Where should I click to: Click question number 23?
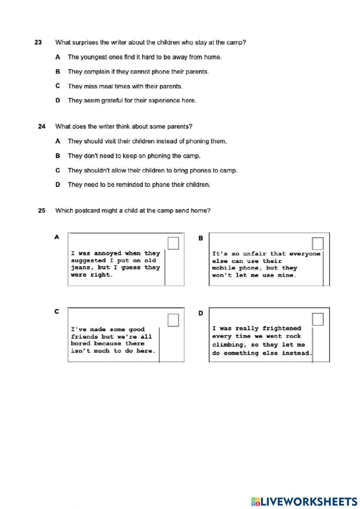coord(38,43)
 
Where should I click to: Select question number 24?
coord(42,126)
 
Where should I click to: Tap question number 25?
coord(42,211)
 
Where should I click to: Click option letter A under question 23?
coord(58,57)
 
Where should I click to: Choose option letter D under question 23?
coord(58,101)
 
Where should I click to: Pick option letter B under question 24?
coord(58,156)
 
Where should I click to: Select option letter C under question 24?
coord(58,170)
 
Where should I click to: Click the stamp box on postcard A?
coord(173,243)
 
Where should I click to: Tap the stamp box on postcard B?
coord(318,244)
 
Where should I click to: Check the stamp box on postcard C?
coord(173,320)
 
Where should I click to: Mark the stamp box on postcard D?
coord(318,319)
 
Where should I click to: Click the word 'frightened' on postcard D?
coord(282,329)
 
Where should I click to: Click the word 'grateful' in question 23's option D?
coord(95,101)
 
